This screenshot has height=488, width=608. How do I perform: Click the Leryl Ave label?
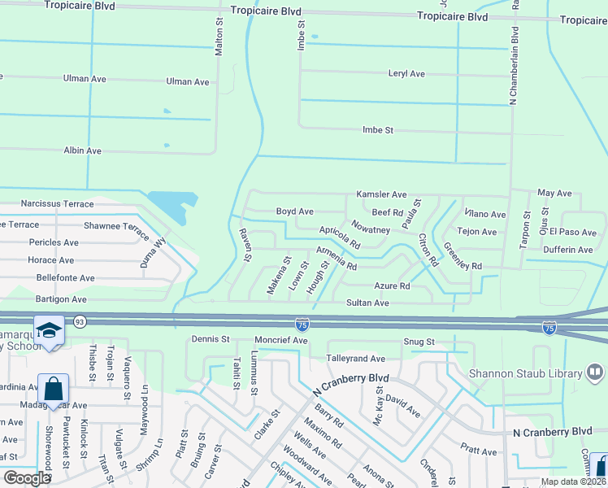[406, 74]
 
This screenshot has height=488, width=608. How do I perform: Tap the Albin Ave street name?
[82, 150]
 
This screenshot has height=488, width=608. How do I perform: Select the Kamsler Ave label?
[381, 195]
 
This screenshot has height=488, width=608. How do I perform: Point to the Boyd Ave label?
[294, 211]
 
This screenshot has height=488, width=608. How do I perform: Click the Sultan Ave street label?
[369, 303]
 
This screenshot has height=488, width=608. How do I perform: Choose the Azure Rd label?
[392, 286]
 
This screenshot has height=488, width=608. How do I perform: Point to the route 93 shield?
[80, 322]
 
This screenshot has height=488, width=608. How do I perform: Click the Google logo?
[27, 478]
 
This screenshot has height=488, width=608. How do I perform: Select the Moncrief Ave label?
[280, 339]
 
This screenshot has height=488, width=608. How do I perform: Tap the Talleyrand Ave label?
[355, 359]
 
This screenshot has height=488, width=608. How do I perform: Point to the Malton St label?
[219, 39]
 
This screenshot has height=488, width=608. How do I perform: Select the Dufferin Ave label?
[568, 250]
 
